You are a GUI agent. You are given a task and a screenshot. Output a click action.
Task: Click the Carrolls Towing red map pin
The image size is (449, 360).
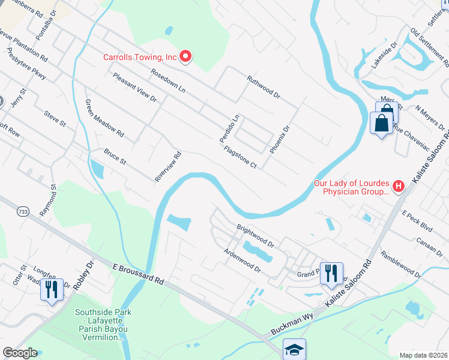click(185, 57)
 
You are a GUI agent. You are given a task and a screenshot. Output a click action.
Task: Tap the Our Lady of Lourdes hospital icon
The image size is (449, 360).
click(398, 187)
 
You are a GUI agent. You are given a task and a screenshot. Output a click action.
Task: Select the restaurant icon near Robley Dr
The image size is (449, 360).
click(51, 290)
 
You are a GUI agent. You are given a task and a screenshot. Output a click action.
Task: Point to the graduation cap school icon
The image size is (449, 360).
click(294, 349)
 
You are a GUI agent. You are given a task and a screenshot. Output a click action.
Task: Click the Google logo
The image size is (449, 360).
click(20, 353)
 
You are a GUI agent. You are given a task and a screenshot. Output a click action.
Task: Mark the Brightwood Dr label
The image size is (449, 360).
click(255, 237)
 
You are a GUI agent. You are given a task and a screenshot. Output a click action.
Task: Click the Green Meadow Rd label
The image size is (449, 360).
click(104, 117)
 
